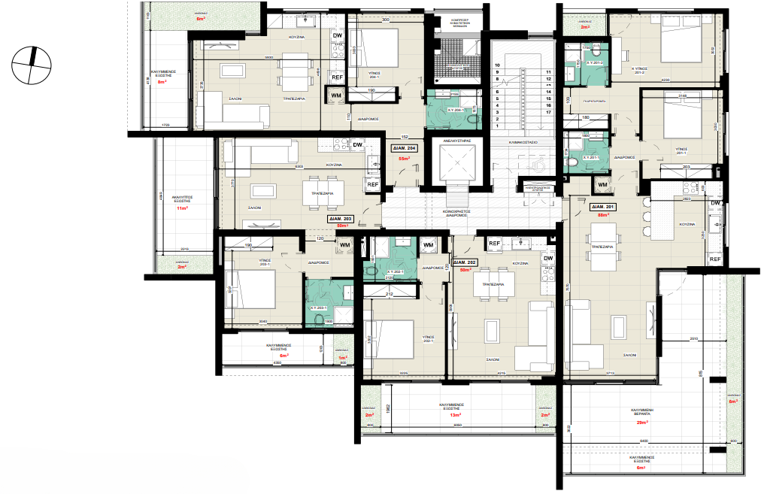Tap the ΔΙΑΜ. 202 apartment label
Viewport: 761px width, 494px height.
[460, 262]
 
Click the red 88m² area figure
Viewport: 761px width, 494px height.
[602, 215]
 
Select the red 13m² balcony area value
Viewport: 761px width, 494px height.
[454, 415]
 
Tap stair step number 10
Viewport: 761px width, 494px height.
[497, 66]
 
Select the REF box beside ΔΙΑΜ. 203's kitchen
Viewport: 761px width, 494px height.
[372, 184]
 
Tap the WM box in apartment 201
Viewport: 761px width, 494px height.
[602, 185]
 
